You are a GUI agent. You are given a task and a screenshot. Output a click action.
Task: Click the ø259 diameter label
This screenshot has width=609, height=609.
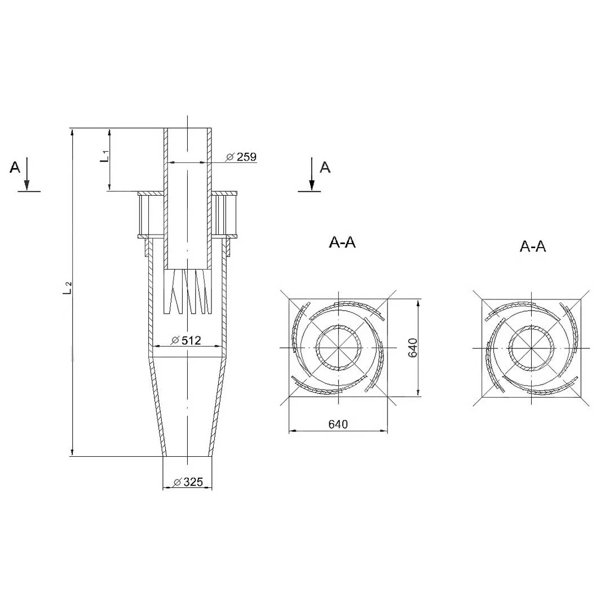point(241,157)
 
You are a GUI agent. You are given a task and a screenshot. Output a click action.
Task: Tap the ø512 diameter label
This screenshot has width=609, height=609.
point(187,340)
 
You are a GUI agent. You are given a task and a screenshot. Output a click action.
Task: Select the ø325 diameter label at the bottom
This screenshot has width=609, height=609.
point(188,482)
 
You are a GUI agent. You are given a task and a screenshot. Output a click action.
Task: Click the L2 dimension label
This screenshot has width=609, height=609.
point(68,288)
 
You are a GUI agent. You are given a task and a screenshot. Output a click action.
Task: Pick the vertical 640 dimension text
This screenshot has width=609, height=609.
point(412,347)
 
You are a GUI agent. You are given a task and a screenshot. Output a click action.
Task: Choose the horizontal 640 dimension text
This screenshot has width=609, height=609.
point(338,424)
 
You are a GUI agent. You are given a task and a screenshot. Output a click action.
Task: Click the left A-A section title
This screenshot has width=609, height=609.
point(342,242)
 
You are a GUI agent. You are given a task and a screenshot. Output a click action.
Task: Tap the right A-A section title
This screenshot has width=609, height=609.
point(533,246)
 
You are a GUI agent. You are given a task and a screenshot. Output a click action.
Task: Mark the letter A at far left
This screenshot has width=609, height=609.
point(15,167)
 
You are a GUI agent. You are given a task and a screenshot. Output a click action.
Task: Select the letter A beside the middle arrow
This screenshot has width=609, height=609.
point(325,167)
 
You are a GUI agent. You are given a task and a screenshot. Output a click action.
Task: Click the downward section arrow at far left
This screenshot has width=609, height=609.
point(27,174)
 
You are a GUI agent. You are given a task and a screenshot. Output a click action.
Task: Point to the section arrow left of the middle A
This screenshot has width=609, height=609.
point(311,174)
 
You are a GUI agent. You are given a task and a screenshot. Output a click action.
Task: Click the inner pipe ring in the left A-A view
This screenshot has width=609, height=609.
point(338,325)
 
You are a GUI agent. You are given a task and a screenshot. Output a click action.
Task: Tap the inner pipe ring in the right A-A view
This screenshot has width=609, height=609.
point(531,326)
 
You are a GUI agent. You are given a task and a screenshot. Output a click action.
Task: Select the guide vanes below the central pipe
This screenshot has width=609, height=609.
point(188,292)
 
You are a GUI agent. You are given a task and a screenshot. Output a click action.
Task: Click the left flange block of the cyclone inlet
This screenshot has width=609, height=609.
point(151,215)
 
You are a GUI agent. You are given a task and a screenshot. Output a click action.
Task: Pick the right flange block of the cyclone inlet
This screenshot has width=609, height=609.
point(224,215)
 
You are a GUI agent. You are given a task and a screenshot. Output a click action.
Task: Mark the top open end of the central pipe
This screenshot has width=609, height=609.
point(188,129)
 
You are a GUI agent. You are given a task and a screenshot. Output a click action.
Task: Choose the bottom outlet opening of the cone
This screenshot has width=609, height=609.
point(188,456)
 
